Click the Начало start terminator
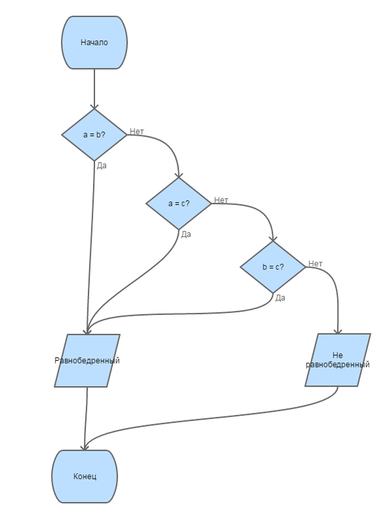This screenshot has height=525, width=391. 94,43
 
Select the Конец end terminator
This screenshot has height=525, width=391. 85,476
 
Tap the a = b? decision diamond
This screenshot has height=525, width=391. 94,135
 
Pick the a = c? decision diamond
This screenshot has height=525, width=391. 178,203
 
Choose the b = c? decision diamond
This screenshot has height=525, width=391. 273,267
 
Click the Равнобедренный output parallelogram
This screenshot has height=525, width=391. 87,360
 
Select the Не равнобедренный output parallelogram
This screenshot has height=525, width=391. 338,360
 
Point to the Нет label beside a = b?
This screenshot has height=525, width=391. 137,131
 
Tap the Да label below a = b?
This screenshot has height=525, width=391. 102,165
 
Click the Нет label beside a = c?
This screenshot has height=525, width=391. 221,200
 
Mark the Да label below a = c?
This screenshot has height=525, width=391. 186,234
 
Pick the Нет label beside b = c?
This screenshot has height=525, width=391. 316,264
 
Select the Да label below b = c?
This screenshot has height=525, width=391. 280,298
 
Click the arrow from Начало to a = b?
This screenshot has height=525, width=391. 94,89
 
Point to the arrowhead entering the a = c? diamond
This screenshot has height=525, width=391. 178,175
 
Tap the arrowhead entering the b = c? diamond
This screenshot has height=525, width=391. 273,238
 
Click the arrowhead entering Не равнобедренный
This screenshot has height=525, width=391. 338,331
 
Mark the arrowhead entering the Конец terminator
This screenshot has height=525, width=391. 85,448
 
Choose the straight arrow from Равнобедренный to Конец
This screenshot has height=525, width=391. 86,419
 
